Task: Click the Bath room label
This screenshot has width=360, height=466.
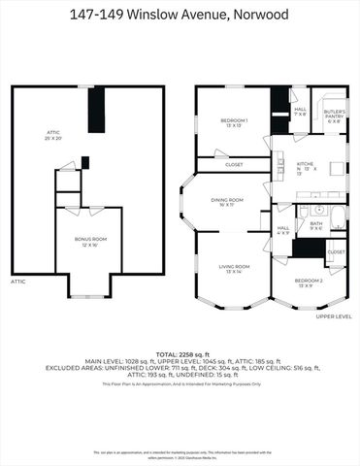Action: (316, 225)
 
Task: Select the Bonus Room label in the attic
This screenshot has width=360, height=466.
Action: (92, 241)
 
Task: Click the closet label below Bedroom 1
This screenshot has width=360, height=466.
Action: (233, 164)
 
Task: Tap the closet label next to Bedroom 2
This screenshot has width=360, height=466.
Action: (336, 251)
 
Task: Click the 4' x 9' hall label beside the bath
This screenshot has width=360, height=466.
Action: (283, 231)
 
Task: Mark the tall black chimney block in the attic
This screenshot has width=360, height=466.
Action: (95, 110)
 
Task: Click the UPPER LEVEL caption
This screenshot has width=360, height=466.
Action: (333, 316)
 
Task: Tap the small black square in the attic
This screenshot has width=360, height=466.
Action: (84, 162)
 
